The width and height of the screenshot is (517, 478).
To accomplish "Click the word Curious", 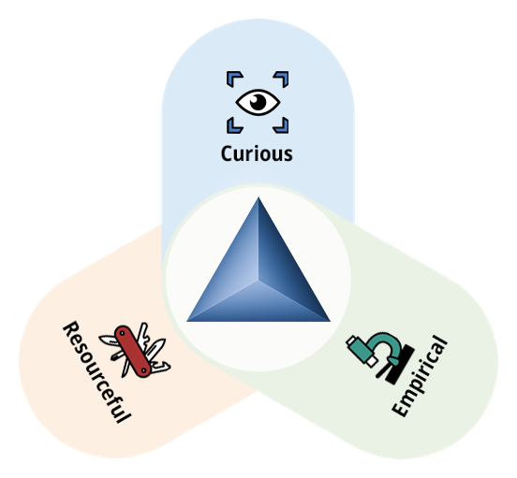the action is pyautogui.click(x=257, y=153).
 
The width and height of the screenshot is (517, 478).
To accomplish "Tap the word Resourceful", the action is pyautogui.click(x=97, y=372).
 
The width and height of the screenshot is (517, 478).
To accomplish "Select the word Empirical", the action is pyautogui.click(x=420, y=376).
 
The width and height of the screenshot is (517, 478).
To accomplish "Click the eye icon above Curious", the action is pyautogui.click(x=258, y=102).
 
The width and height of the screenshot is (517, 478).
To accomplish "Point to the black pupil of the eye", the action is pyautogui.click(x=258, y=102).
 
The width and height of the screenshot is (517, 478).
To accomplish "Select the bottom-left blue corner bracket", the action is pyautogui.click(x=233, y=127).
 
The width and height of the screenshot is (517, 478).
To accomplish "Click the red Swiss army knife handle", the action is pyautogui.click(x=133, y=352).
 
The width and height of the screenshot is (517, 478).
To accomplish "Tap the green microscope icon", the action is pyautogui.click(x=380, y=358).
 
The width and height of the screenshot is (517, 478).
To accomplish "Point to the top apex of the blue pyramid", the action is pyautogui.click(x=258, y=197).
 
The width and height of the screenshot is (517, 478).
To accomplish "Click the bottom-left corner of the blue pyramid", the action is pyautogui.click(x=186, y=321).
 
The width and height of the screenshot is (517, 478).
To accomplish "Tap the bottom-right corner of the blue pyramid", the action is pyautogui.click(x=331, y=321).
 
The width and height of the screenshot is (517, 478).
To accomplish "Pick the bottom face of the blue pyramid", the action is pyautogui.click(x=258, y=306).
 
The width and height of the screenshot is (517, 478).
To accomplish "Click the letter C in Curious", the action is pyautogui.click(x=227, y=153).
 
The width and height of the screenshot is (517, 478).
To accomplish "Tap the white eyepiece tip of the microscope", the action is pyautogui.click(x=372, y=361).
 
